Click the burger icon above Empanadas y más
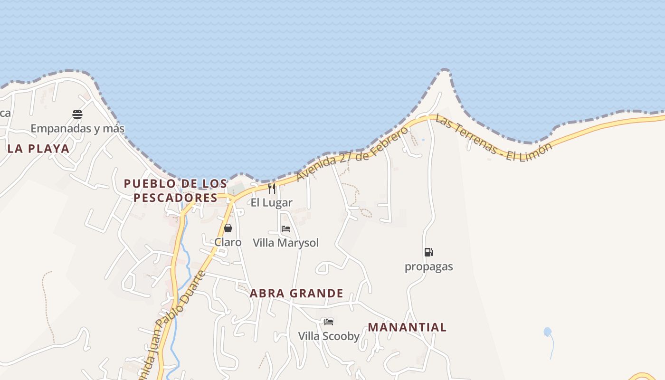[77, 114]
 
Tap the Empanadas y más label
[77, 128]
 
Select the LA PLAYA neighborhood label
[38, 149]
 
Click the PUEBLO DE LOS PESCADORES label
[175, 190]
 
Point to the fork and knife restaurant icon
[272, 189]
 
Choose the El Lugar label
[272, 203]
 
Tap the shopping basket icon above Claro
[228, 228]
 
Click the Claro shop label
[228, 242]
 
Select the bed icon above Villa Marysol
[286, 229]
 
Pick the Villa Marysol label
[286, 243]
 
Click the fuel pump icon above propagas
[428, 252]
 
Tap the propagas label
[428, 266]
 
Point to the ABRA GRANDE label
[296, 294]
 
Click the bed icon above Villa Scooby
[329, 322]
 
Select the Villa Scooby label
[329, 336]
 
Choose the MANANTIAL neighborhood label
[407, 327]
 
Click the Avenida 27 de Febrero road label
[352, 153]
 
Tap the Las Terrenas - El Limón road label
[494, 138]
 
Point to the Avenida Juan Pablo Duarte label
[174, 326]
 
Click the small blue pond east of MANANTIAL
[548, 332]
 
